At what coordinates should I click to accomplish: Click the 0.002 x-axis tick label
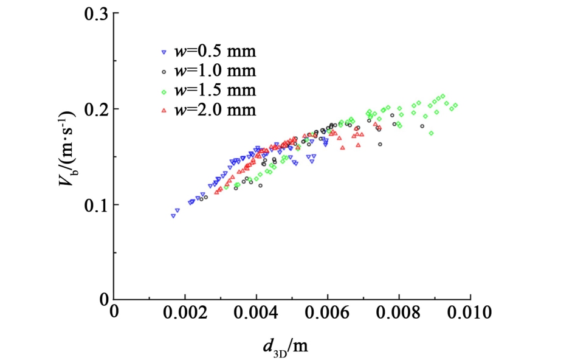pos(185,314)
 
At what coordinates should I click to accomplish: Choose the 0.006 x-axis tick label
pos(328,314)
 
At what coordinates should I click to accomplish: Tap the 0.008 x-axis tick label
pos(399,314)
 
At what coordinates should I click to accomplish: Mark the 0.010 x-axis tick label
pos(470,314)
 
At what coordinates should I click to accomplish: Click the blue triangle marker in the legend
pos(164,52)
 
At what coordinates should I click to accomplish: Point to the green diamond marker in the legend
pos(164,91)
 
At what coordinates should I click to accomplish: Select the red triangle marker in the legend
pos(164,111)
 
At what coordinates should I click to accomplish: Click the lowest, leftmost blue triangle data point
pos(173,215)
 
